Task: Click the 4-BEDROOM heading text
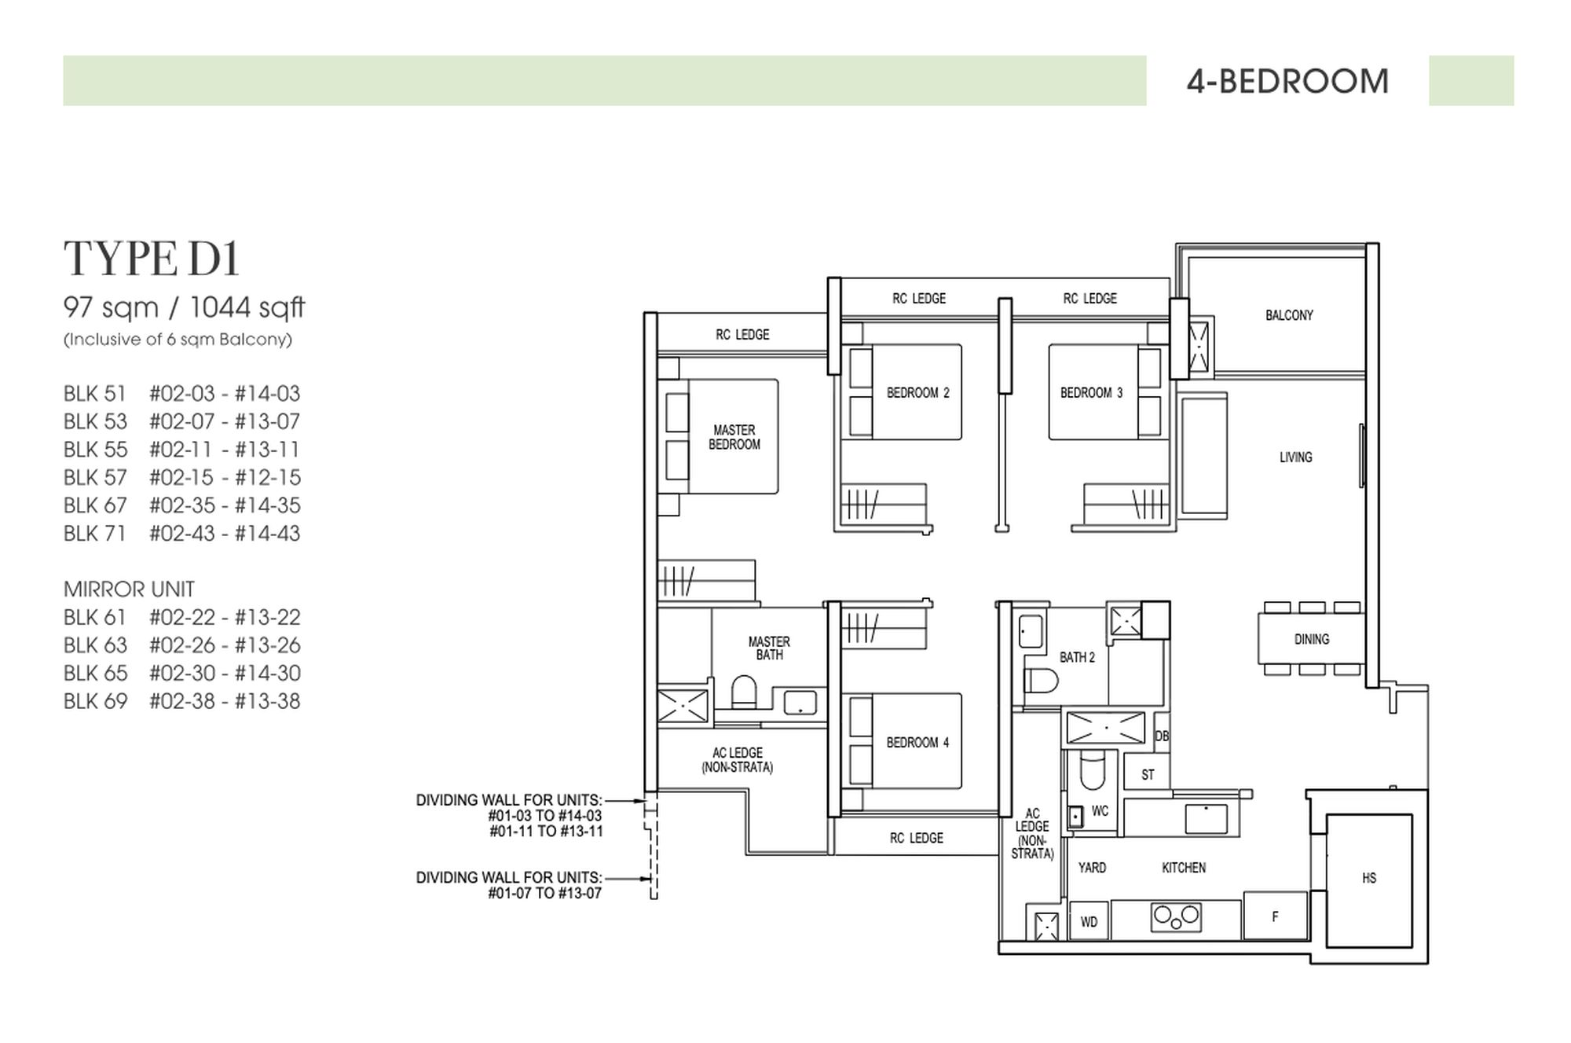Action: (x=1287, y=82)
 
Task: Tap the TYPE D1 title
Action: (x=152, y=259)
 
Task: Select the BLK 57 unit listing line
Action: (x=181, y=477)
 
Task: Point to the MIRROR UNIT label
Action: (x=129, y=589)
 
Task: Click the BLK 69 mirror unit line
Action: (x=181, y=701)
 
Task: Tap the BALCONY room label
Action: (x=1289, y=315)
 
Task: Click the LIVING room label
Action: (x=1295, y=457)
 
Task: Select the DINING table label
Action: (x=1311, y=639)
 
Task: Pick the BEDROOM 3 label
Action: (x=1091, y=392)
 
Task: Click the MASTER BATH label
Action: (x=769, y=648)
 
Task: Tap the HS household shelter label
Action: (x=1369, y=878)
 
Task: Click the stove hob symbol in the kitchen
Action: (x=1176, y=917)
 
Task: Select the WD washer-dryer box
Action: (x=1089, y=922)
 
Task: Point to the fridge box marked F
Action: (x=1275, y=916)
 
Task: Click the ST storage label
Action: (x=1148, y=774)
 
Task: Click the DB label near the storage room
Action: (x=1162, y=736)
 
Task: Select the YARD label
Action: (x=1092, y=868)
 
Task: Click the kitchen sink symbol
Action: (x=1206, y=819)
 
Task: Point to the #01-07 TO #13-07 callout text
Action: (x=544, y=893)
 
